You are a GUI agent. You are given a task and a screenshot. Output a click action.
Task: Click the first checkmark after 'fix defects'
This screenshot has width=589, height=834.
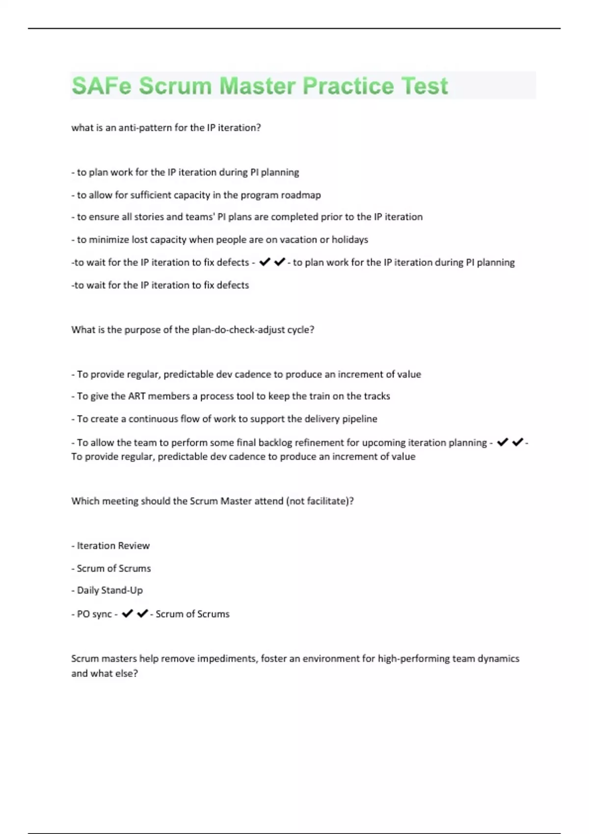[265, 262]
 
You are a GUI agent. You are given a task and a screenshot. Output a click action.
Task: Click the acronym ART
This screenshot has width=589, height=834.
[136, 396]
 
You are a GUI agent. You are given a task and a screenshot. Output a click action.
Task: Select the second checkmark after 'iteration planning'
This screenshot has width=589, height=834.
[517, 442]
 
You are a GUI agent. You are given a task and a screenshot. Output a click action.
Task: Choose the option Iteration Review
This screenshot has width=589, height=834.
[113, 546]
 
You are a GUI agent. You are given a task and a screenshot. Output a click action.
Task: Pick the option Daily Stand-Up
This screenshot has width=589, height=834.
[109, 590]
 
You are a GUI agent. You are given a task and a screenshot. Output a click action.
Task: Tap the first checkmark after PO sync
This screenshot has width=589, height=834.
[127, 613]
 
